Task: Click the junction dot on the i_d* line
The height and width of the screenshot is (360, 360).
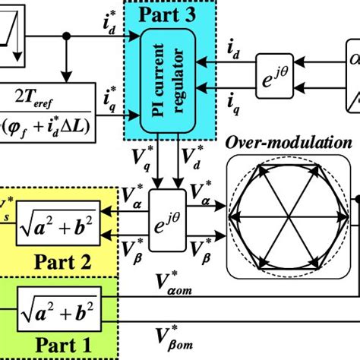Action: pyautogui.click(x=68, y=34)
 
